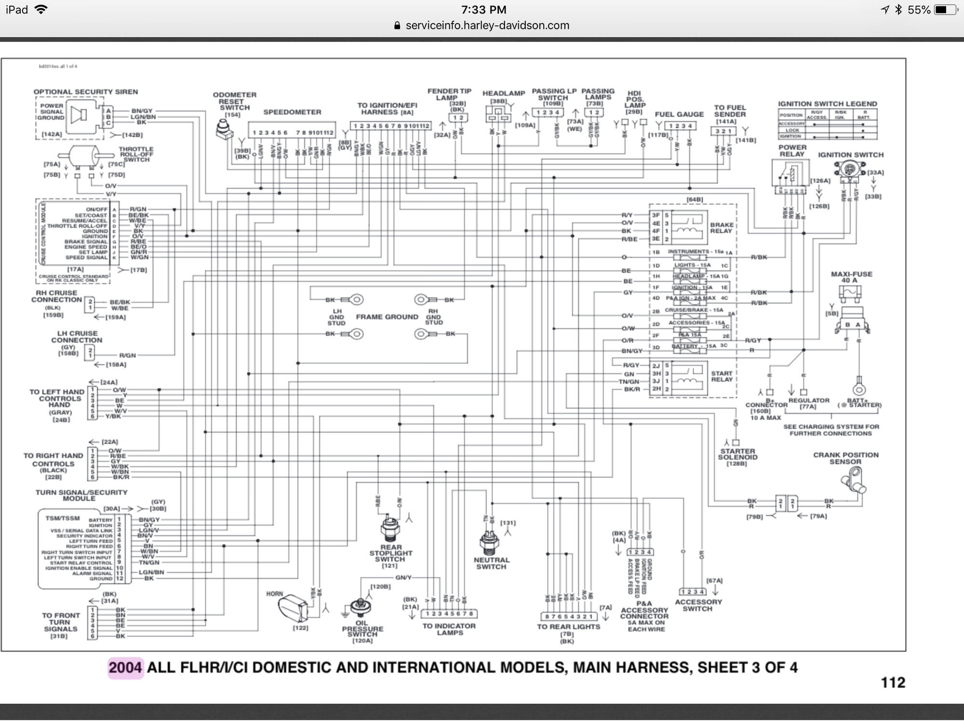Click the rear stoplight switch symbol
point(390,529)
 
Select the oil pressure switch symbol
point(361,607)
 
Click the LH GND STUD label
point(336,317)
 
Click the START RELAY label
point(722,376)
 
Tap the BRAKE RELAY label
point(721,228)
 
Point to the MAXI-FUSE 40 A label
point(852,277)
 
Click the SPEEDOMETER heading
point(292,112)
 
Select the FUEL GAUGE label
point(679,114)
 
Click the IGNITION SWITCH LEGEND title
point(827,104)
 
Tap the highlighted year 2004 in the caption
point(125,668)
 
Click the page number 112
point(893,683)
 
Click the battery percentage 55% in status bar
point(919,10)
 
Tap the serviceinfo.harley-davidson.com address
point(487,26)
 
